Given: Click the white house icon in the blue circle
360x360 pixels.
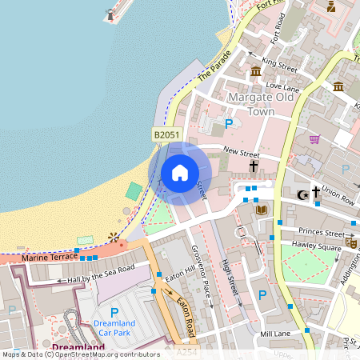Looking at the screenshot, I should [180, 173].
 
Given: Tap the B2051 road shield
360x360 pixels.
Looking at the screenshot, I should [166, 136].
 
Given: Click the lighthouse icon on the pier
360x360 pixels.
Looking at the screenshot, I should [110, 14].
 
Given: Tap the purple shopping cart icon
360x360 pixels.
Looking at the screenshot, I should [314, 139].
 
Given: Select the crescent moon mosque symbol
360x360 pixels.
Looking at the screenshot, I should [302, 194].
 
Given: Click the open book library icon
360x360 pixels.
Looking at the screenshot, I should [261, 210].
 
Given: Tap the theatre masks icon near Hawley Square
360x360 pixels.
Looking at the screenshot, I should [350, 241].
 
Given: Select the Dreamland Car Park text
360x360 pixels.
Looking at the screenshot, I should [113, 327].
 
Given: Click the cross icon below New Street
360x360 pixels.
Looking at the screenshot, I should [254, 166].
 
